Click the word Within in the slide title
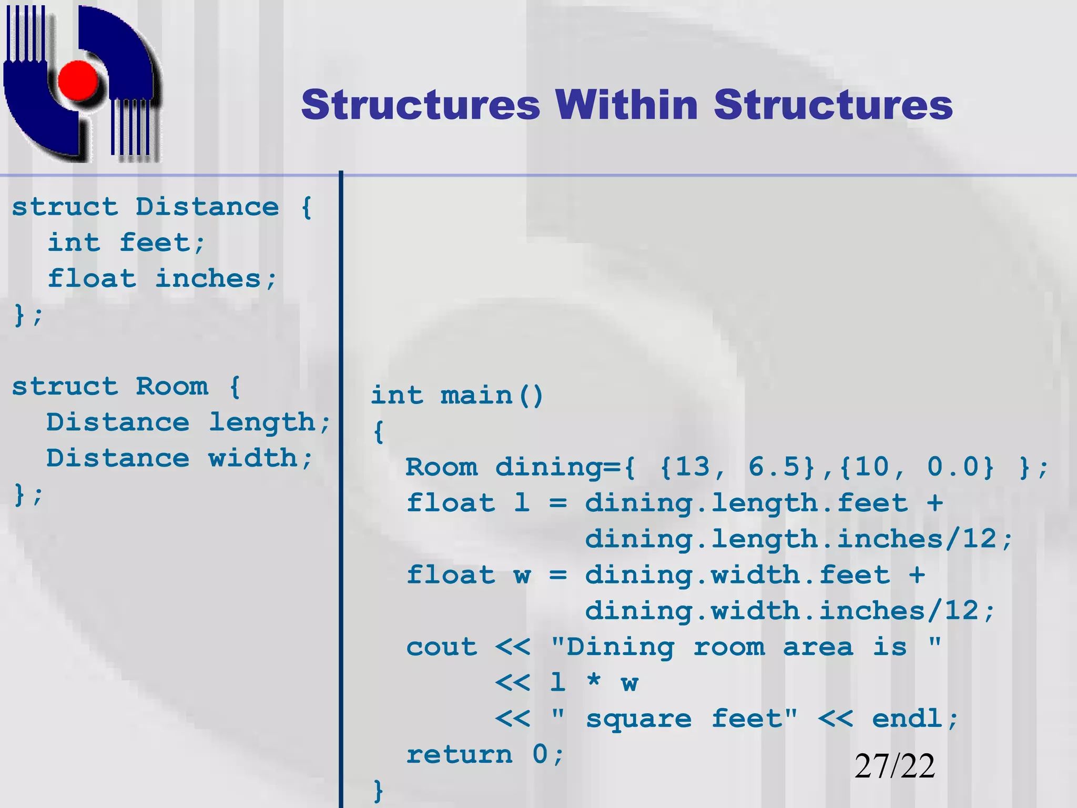click(626, 105)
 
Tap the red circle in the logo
click(78, 81)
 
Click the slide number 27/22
click(895, 766)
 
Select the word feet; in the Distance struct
click(162, 243)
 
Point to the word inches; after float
click(216, 279)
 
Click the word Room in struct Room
click(172, 387)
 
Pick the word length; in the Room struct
click(270, 422)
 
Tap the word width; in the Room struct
click(261, 458)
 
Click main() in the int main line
click(492, 396)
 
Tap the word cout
click(442, 647)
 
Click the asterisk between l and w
click(594, 682)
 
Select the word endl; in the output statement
click(915, 719)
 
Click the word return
click(459, 755)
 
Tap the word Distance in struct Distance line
click(207, 207)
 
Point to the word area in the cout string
click(818, 647)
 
